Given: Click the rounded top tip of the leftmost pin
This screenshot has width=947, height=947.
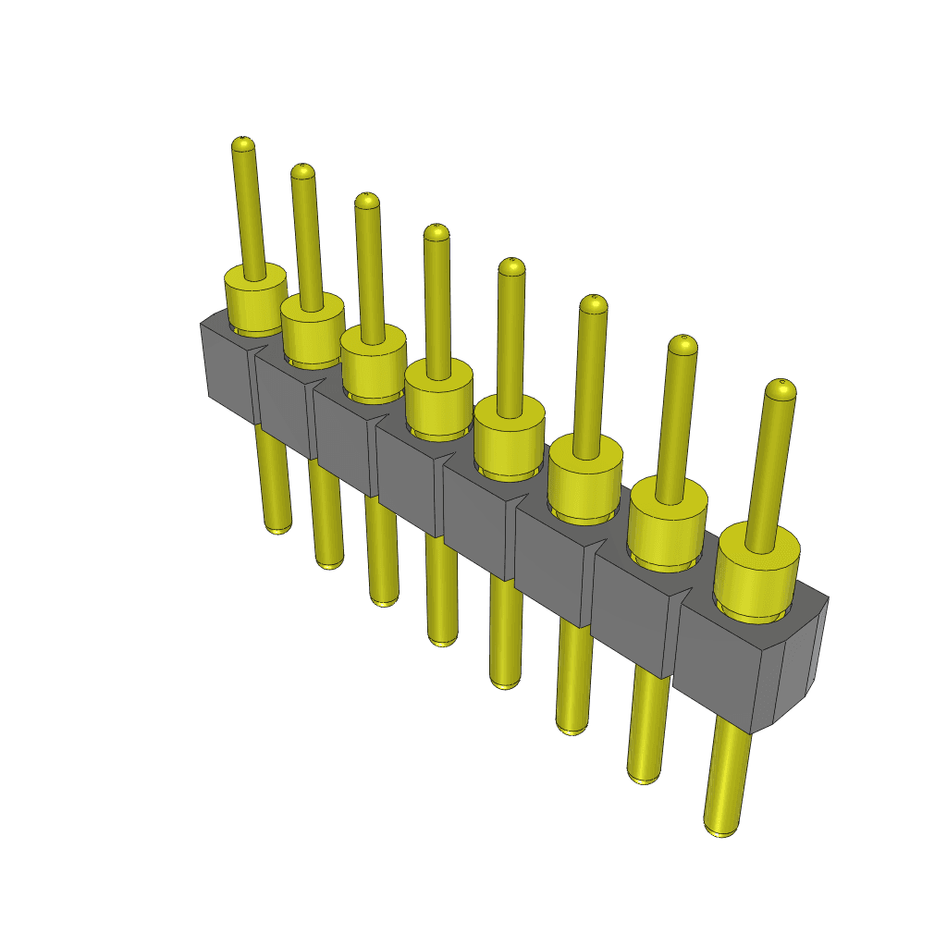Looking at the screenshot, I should click(242, 144).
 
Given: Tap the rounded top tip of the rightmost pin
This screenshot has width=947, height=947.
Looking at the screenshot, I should click(781, 387).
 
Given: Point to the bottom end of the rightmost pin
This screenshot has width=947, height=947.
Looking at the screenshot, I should click(720, 826).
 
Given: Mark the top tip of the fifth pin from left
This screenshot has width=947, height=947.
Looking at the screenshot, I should click(511, 266).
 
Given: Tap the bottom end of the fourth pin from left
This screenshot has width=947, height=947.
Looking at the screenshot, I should click(443, 637).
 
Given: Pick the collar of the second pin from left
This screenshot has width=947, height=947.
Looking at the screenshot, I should click(313, 328).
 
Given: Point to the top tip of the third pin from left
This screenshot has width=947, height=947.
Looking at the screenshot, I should click(367, 201).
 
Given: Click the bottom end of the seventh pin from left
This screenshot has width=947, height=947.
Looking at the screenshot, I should click(644, 774).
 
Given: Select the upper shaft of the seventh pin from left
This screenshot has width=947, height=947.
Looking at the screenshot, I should click(677, 416).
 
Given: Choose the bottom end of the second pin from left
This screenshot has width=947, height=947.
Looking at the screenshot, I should click(329, 560).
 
